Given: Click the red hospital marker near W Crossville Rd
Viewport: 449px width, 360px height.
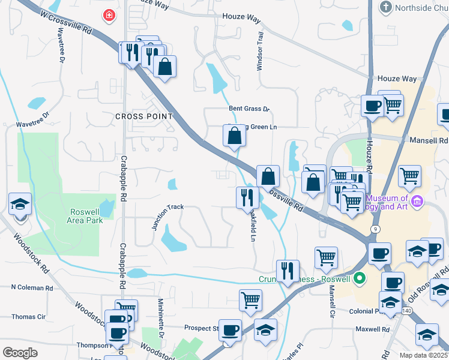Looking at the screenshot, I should tap(109, 16).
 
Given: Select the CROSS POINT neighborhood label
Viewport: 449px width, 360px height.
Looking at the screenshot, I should tap(144, 116).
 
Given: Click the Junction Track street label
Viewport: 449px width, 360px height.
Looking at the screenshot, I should tap(167, 216).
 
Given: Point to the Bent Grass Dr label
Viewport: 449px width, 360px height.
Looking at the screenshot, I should tap(250, 109).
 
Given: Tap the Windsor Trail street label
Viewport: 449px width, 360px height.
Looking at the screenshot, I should tap(260, 52).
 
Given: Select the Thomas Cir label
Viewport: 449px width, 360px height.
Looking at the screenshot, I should tap(28, 316).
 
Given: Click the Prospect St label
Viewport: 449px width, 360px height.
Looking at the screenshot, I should tap(202, 328).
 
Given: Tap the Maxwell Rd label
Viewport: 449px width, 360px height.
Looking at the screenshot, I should tap(372, 329).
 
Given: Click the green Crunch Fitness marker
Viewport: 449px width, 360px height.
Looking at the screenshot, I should tap(360, 278).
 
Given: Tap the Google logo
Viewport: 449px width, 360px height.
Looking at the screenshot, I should tap(20, 353).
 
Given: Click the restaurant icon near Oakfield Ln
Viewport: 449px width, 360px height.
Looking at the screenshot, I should tap(247, 197).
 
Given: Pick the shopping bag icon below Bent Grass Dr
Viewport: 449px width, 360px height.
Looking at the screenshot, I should tap(234, 136).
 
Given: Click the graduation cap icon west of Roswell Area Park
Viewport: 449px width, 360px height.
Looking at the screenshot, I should tap(20, 203).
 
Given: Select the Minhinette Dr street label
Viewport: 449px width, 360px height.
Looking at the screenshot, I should tap(161, 315).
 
